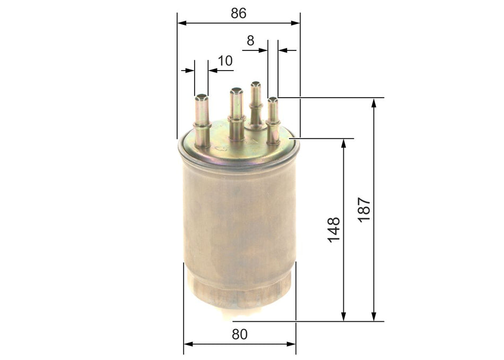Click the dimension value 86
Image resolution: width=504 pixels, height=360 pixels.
point(238,13)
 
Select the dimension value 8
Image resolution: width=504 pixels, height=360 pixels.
point(250,40)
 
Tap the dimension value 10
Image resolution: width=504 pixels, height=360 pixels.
point(225,61)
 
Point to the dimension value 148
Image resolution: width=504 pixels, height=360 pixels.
point(334,229)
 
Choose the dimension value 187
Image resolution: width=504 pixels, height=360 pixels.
point(364,210)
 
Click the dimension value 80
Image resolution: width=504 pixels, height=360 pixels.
point(240,334)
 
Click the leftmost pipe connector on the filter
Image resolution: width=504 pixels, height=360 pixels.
point(202,121)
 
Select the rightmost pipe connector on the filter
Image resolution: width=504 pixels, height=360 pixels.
point(273,121)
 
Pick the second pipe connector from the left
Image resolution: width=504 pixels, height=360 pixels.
point(237,114)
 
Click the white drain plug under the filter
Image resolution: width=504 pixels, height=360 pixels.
point(240,317)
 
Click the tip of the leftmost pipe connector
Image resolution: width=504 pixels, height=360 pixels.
point(202,97)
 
